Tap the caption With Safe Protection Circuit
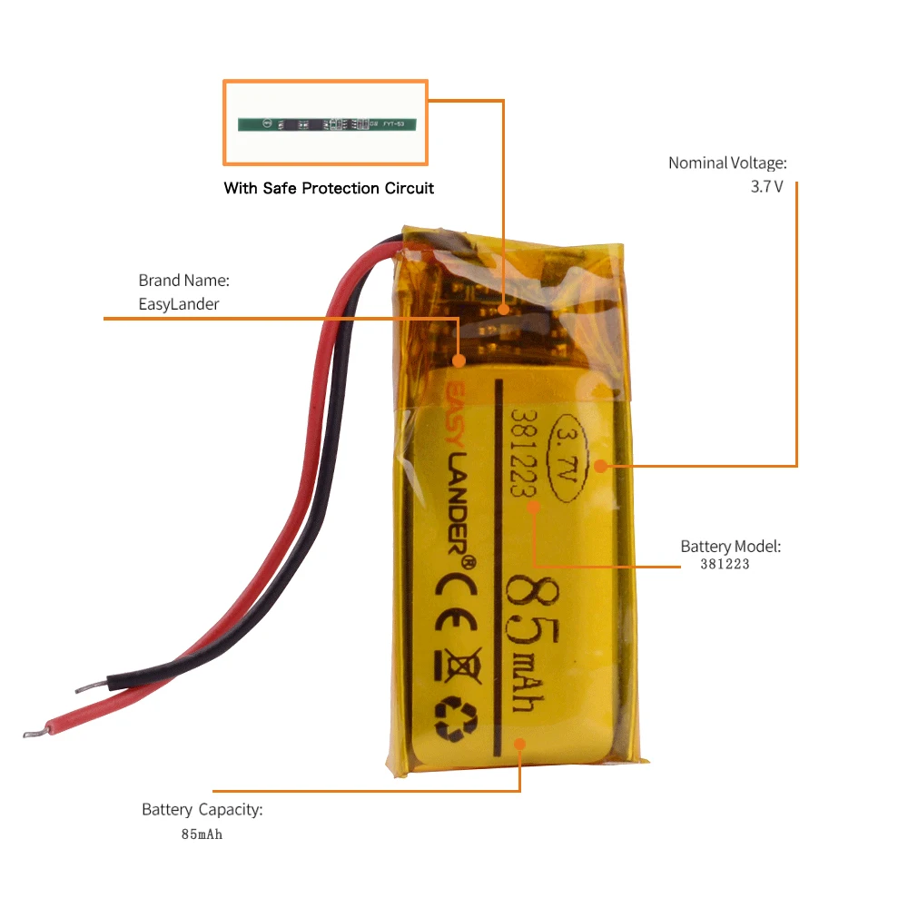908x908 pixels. [329, 189]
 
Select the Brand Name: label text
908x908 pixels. [183, 281]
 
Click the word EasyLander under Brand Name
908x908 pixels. [179, 304]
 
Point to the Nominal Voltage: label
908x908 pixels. [727, 163]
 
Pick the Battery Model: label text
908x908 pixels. [730, 547]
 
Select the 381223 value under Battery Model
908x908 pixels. [725, 564]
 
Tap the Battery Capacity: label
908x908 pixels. [202, 809]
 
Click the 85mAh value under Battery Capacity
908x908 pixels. [201, 834]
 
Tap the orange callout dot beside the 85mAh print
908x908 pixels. [519, 744]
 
